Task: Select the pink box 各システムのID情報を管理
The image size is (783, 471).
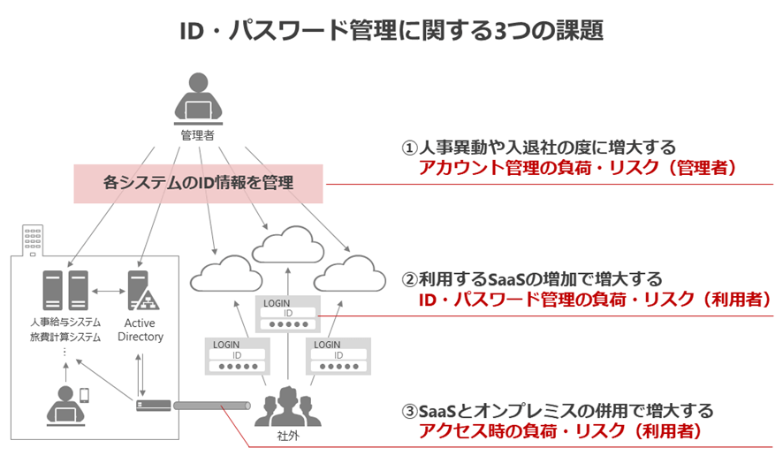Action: pyautogui.click(x=199, y=183)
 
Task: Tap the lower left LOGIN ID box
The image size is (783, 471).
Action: pyautogui.click(x=236, y=355)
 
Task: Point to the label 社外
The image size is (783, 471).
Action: pyautogui.click(x=285, y=437)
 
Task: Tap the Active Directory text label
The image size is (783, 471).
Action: pyautogui.click(x=140, y=330)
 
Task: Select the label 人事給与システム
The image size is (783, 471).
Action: pyautogui.click(x=65, y=323)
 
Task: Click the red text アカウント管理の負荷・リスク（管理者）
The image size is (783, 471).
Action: pyautogui.click(x=577, y=168)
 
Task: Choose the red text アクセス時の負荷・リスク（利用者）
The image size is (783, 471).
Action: pyautogui.click(x=559, y=431)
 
